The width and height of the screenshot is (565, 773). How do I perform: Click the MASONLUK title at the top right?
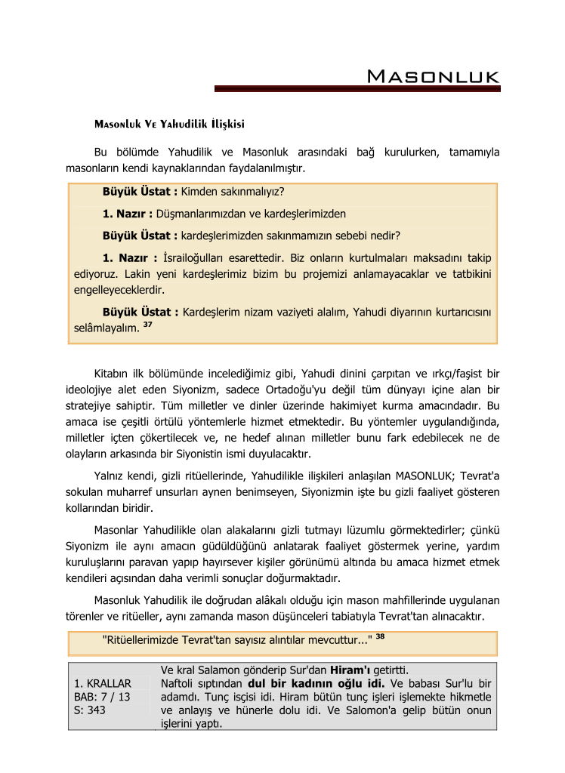[x=433, y=76]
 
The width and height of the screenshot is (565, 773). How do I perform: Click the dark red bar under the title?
[x=357, y=89]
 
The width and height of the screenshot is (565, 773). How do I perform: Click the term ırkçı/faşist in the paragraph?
[x=434, y=374]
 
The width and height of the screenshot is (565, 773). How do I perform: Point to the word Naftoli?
[x=178, y=683]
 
